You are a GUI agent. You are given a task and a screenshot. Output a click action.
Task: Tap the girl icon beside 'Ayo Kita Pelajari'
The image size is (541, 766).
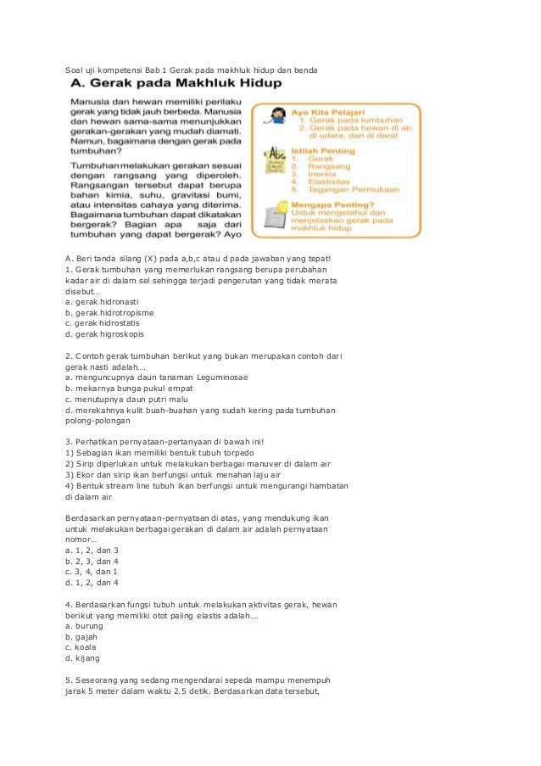tap(277, 117)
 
